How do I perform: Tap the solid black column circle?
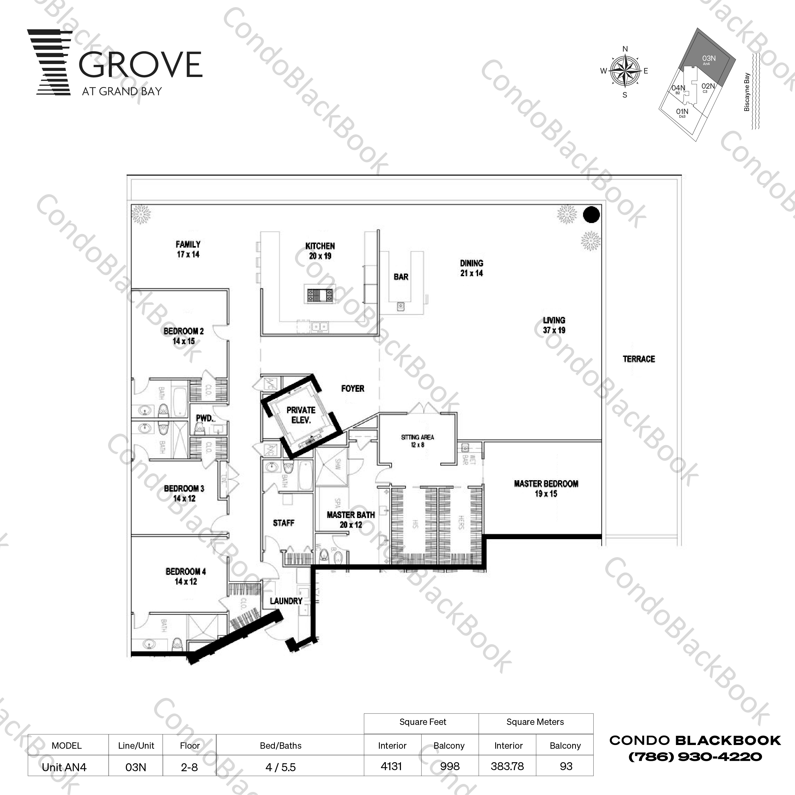pos(591,215)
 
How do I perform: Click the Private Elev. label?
pos(301,415)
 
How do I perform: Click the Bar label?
pos(401,277)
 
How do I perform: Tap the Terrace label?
pos(639,359)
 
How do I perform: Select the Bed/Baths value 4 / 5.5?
pos(281,767)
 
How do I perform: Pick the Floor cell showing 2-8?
pos(189,767)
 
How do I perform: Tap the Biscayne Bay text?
pos(747,92)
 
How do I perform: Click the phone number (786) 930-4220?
pos(695,756)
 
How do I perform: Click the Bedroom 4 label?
pos(186,576)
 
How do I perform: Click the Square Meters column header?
pos(535,722)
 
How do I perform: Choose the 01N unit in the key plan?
pos(682,112)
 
